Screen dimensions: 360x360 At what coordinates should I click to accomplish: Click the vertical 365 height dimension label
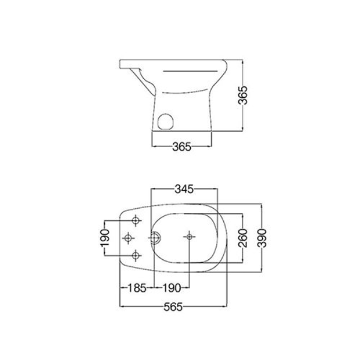(x=242, y=95)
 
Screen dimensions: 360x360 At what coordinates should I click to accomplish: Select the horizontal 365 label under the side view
(x=182, y=147)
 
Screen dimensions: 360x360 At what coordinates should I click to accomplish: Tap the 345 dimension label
(x=184, y=190)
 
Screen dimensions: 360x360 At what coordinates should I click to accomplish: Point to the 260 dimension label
(x=243, y=238)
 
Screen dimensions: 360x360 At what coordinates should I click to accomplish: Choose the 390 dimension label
(x=262, y=238)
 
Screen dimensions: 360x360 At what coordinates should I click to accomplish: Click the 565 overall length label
(x=173, y=307)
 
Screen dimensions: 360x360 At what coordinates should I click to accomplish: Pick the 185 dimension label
(x=137, y=288)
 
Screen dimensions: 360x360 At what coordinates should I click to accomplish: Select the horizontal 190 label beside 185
(x=172, y=288)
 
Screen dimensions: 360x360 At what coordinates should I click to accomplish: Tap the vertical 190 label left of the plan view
(x=104, y=238)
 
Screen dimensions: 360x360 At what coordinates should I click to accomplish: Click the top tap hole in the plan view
(x=136, y=221)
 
